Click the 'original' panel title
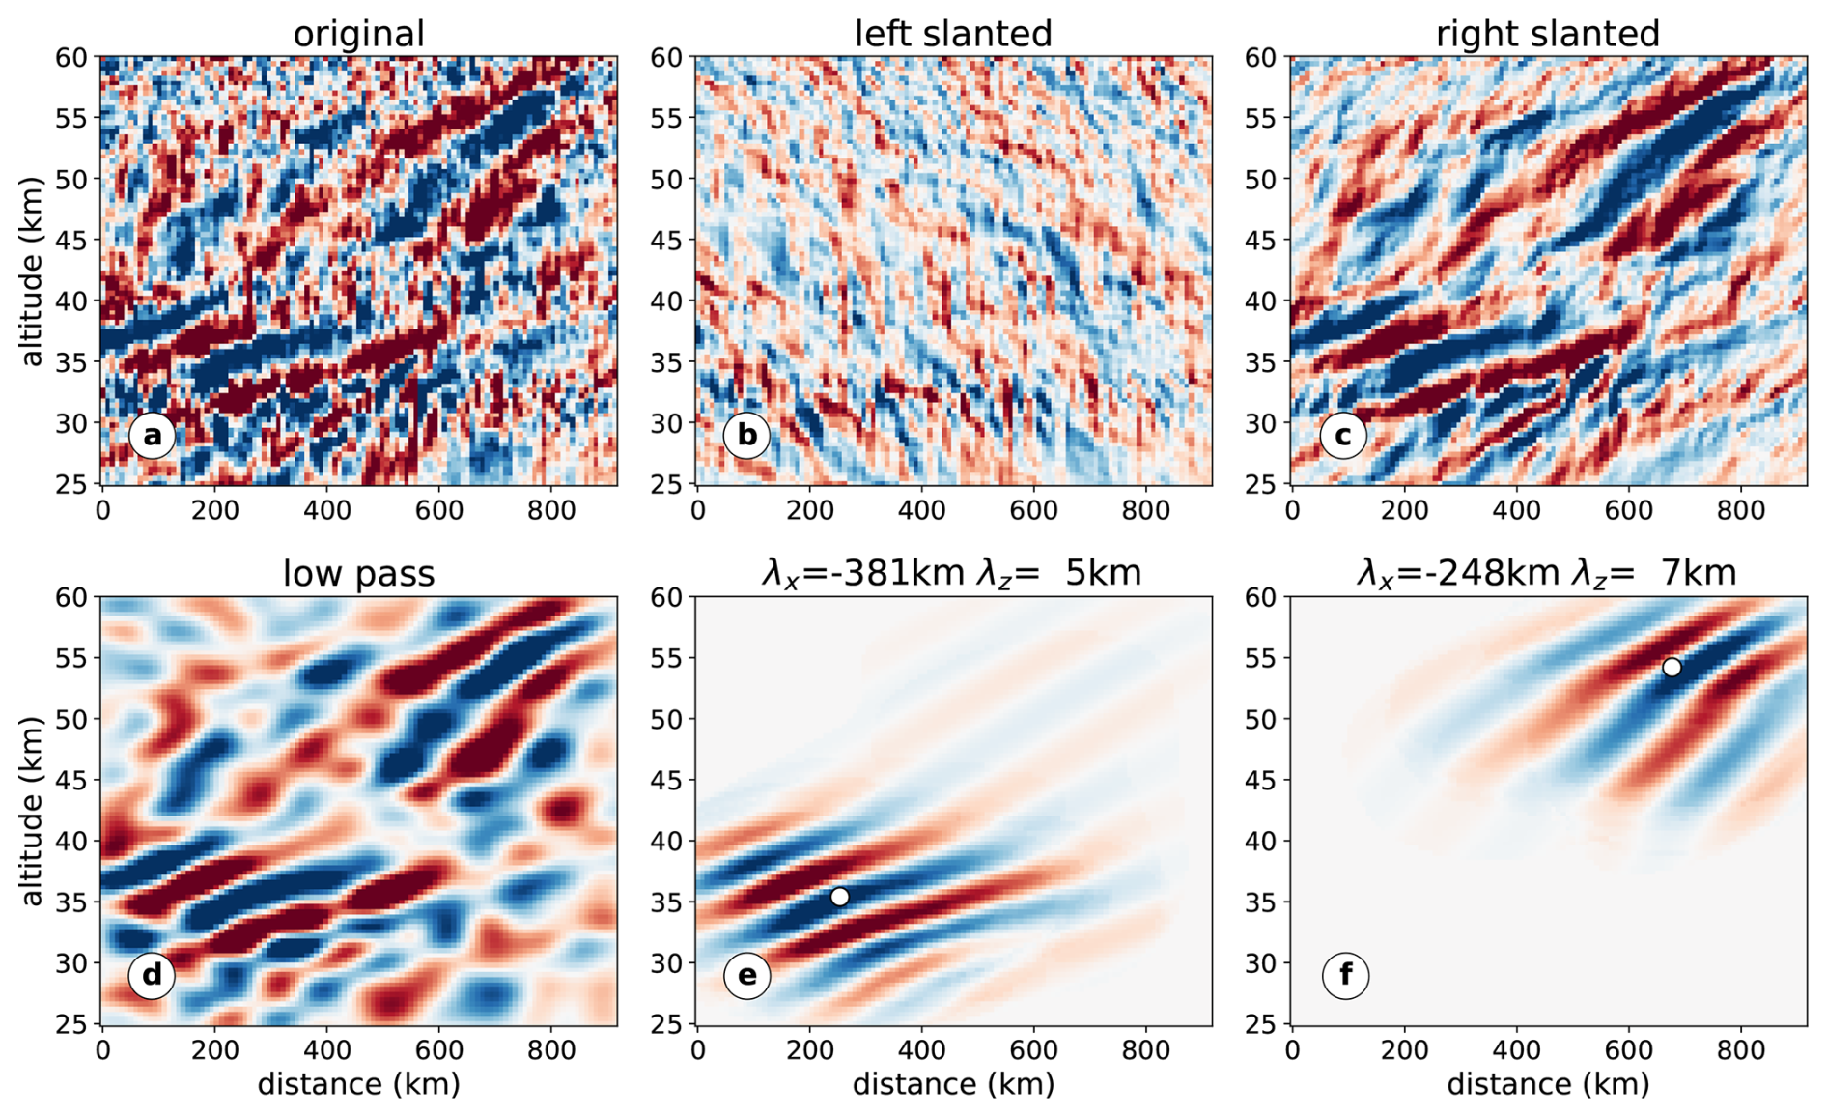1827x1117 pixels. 358,34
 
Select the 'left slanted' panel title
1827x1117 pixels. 953,34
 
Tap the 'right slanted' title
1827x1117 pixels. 1548,34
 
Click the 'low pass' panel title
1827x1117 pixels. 358,574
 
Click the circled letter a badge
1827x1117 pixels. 152,437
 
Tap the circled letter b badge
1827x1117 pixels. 746,437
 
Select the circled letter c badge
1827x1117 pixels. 1342,437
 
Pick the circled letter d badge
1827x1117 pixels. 152,976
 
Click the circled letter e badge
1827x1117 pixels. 746,976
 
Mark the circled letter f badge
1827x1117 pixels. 1345,976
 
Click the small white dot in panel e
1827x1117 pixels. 839,897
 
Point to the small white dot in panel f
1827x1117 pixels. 1672,668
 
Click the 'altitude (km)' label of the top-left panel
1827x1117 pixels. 32,272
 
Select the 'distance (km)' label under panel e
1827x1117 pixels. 953,1084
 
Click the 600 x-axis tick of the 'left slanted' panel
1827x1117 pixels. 1033,509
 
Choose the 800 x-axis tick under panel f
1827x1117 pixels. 1741,1049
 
